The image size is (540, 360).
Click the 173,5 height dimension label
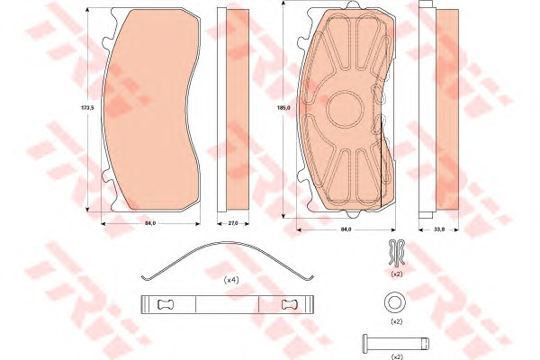tap(87, 107)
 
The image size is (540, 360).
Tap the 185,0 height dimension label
tap(283, 107)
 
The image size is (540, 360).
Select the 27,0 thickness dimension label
tap(233, 223)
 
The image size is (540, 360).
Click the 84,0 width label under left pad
tap(150, 223)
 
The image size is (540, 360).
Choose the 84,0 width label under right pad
tap(346, 229)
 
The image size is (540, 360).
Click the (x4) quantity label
tap(231, 280)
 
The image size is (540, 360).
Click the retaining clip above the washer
tap(396, 253)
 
